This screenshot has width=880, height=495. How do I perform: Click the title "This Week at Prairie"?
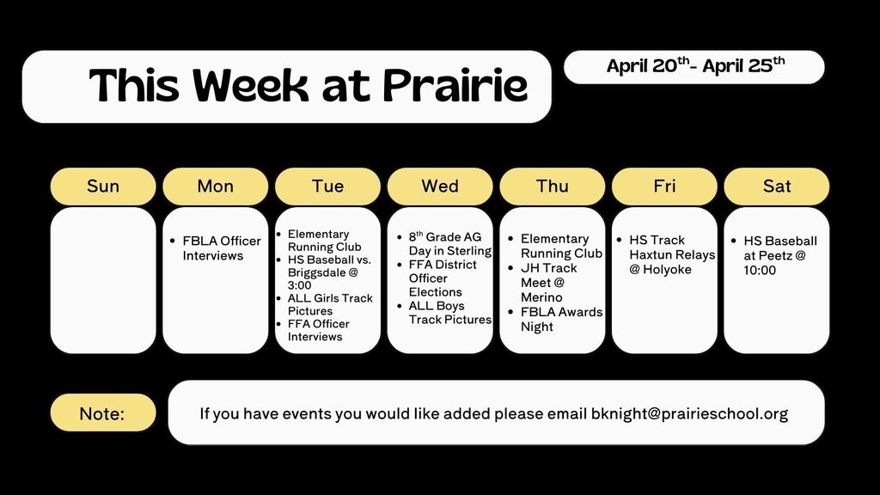(308, 86)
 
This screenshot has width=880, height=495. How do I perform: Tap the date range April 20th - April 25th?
(694, 66)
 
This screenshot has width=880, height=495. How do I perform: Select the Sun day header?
(103, 186)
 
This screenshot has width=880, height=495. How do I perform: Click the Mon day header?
(215, 186)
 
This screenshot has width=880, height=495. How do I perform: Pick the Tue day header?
(327, 186)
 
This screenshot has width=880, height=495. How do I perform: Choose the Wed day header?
(440, 186)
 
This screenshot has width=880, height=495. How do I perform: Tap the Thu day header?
(552, 186)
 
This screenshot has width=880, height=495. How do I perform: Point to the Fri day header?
(664, 186)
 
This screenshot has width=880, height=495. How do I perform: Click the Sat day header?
(777, 186)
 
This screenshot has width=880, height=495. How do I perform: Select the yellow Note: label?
(102, 413)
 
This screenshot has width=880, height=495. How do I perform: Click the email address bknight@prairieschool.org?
(689, 413)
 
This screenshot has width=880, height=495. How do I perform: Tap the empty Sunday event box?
(103, 280)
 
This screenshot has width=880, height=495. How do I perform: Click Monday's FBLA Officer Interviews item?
(221, 248)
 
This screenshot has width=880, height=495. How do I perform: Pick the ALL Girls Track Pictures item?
(330, 304)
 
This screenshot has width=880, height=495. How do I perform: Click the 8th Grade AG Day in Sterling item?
(449, 244)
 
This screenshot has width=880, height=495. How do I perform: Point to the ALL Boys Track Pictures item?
(449, 313)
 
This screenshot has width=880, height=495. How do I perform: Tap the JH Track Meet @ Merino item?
(548, 283)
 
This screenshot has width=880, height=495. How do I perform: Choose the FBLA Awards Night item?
(560, 319)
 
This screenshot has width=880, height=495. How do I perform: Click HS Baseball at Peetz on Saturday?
(779, 255)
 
